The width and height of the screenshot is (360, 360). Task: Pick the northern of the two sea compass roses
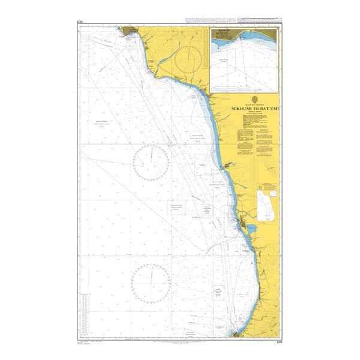click(151, 162)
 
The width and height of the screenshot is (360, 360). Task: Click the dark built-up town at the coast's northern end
click(129, 30)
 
